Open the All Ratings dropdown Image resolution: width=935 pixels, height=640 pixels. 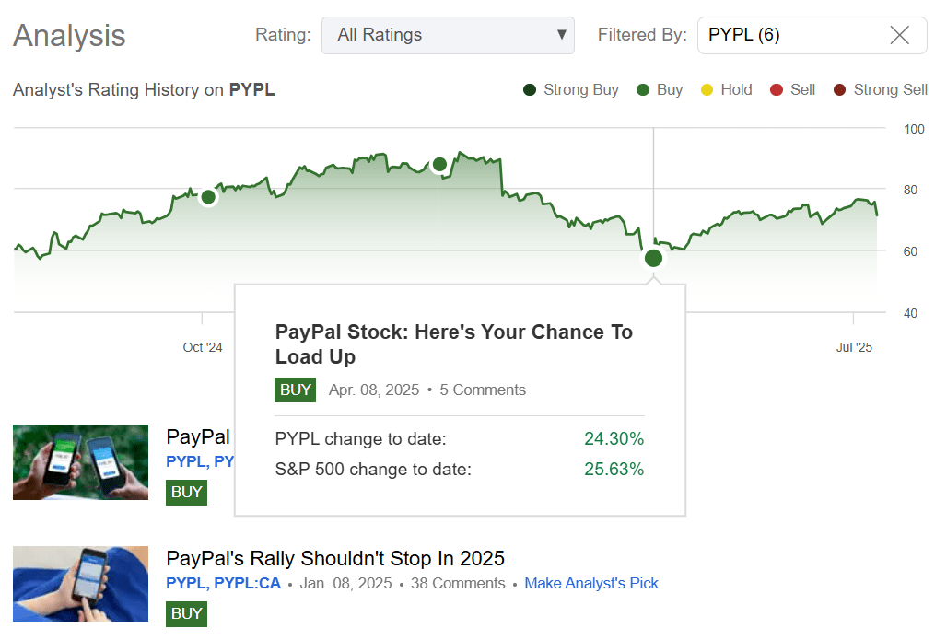click(x=448, y=35)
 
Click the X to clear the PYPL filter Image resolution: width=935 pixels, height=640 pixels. click(x=899, y=35)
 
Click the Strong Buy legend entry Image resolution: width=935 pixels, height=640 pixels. click(x=571, y=89)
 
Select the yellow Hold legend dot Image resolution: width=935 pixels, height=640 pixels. click(x=707, y=89)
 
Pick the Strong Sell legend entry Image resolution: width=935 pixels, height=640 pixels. click(x=881, y=89)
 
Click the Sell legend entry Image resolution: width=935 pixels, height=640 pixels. click(x=792, y=89)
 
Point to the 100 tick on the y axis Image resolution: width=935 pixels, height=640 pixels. click(x=914, y=129)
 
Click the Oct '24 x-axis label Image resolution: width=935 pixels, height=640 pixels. click(x=203, y=347)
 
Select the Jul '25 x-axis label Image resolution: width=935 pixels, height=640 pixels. click(x=854, y=347)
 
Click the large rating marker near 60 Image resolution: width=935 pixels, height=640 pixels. click(x=653, y=258)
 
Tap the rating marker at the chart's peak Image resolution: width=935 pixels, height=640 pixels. click(x=439, y=165)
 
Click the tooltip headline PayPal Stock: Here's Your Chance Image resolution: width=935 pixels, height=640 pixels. click(x=454, y=343)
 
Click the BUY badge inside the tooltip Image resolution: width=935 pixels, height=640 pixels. click(x=295, y=390)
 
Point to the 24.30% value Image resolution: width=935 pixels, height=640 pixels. click(x=614, y=439)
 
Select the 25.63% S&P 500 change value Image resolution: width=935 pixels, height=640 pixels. click(x=614, y=470)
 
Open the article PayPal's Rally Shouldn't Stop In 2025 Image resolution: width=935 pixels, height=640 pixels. click(x=335, y=558)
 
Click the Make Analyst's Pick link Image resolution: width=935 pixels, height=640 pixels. click(x=591, y=583)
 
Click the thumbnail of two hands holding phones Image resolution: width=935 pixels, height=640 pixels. click(x=80, y=462)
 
